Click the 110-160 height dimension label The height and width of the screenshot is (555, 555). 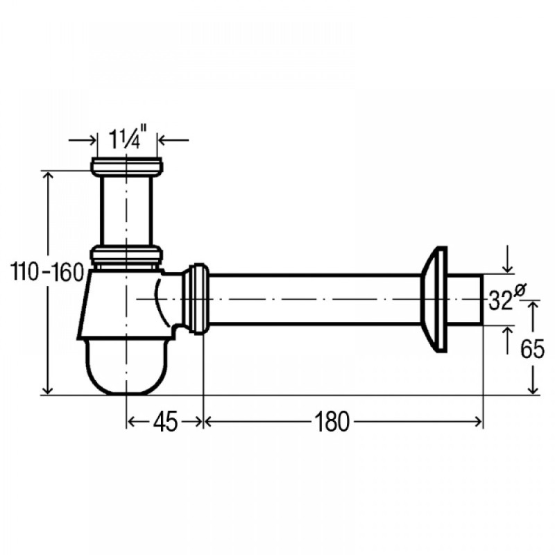click(x=47, y=273)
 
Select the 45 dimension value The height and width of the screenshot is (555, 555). click(x=165, y=422)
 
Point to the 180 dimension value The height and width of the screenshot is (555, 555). click(x=332, y=422)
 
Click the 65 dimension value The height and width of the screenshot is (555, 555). click(x=532, y=349)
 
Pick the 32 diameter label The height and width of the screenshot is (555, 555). click(x=500, y=300)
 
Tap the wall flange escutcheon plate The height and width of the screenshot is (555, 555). click(x=434, y=300)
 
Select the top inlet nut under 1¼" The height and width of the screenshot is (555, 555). click(x=127, y=166)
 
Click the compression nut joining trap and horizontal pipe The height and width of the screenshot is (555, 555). click(x=196, y=299)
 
